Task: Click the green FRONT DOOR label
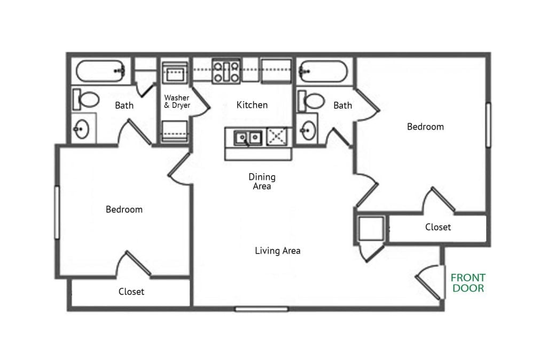[x=468, y=283]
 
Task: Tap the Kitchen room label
[x=252, y=105]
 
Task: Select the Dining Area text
[x=262, y=181]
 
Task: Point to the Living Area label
[x=277, y=250]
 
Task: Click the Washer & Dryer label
[x=177, y=101]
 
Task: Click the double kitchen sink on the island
[x=248, y=137]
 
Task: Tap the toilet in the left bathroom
[x=86, y=99]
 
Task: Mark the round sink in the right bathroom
[x=309, y=130]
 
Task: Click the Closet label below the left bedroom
[x=131, y=292]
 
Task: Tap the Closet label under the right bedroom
[x=438, y=227]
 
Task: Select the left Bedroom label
[x=124, y=209]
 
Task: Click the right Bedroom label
[x=425, y=127]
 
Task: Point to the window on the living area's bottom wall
[x=261, y=309]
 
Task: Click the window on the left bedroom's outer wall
[x=57, y=212]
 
